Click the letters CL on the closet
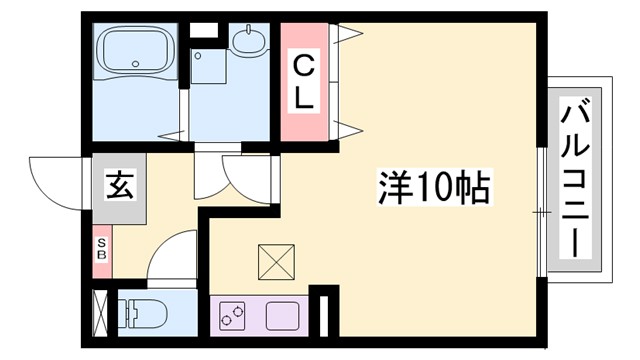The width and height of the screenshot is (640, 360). pyautogui.click(x=305, y=83)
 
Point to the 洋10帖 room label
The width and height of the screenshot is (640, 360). pyautogui.click(x=433, y=186)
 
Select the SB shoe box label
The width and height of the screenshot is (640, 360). pyautogui.click(x=101, y=248)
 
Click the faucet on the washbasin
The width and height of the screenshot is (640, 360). pyautogui.click(x=246, y=31)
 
